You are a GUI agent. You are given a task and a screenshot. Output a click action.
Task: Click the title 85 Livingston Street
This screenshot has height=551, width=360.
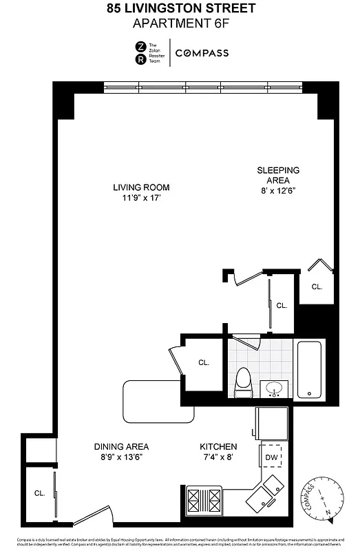click(x=180, y=9)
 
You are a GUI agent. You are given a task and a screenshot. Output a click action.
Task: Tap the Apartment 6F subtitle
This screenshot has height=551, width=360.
click(x=180, y=23)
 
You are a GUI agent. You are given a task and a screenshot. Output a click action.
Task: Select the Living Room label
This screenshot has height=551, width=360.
click(x=141, y=187)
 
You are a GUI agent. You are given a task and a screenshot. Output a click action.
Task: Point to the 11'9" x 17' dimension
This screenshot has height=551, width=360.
click(x=141, y=198)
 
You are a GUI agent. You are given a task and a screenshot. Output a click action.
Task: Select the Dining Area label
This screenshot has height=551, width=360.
click(x=121, y=446)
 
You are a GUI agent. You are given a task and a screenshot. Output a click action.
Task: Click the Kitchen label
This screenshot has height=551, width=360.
click(x=218, y=446)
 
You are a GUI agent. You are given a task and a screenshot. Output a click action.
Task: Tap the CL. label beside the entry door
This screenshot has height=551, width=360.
click(x=39, y=493)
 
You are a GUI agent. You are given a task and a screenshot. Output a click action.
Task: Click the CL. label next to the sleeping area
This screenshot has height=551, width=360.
click(x=317, y=287)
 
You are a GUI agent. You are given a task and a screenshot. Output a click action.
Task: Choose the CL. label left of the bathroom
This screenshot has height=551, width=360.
click(x=204, y=362)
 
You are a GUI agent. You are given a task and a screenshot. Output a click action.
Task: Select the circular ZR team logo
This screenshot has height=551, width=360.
click(x=140, y=53)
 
